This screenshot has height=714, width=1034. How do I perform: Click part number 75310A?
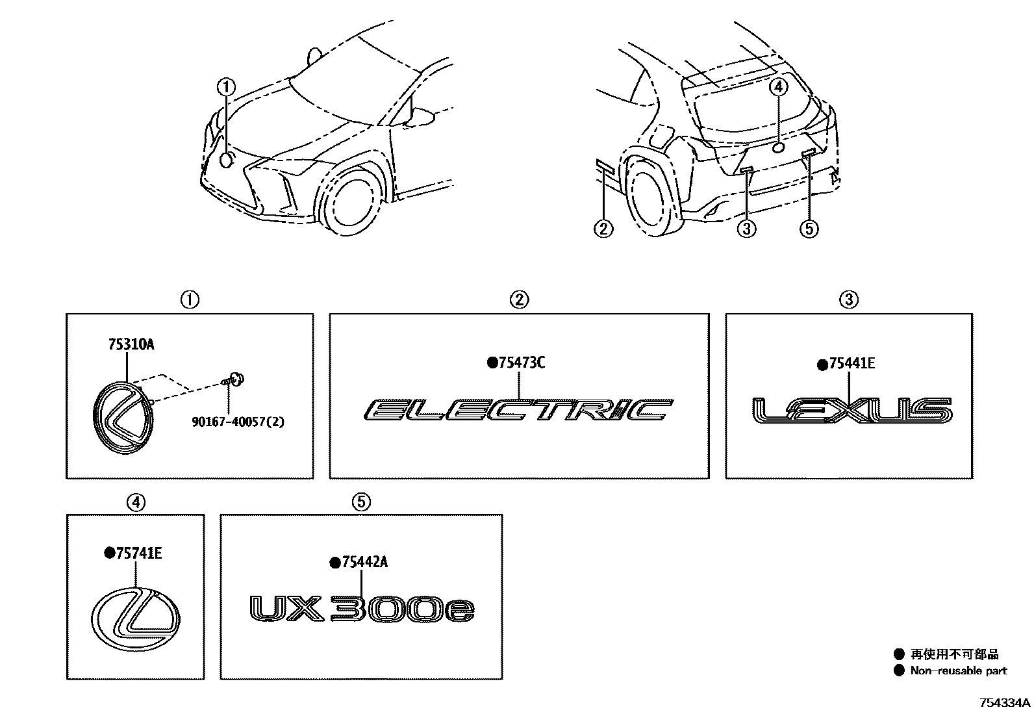pyautogui.click(x=131, y=346)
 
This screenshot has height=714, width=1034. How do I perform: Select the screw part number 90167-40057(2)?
pyautogui.click(x=238, y=422)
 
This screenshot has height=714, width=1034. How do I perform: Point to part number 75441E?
pyautogui.click(x=851, y=364)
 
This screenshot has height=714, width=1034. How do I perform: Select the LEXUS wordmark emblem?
pyautogui.click(x=851, y=411)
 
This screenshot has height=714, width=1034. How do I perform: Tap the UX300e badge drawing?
pyautogui.click(x=362, y=610)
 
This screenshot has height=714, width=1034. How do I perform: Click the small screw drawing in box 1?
pyautogui.click(x=236, y=379)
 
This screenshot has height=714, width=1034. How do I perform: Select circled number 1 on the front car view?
pyautogui.click(x=226, y=86)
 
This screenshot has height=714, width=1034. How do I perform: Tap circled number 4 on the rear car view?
pyautogui.click(x=778, y=86)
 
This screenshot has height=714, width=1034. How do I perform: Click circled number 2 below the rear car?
pyautogui.click(x=603, y=228)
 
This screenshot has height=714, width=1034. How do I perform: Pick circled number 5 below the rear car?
pyautogui.click(x=809, y=228)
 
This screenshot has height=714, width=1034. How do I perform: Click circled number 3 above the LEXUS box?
pyautogui.click(x=848, y=300)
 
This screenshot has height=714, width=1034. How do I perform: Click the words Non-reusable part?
pyautogui.click(x=958, y=671)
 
